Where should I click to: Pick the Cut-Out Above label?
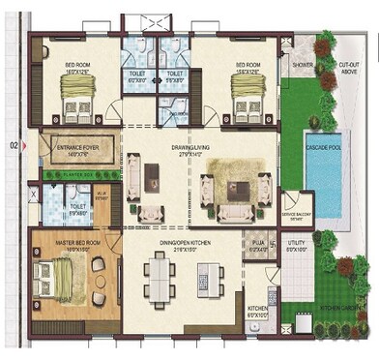click(x=349, y=68)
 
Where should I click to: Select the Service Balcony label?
click(x=295, y=215)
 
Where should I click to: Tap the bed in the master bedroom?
click(x=54, y=281)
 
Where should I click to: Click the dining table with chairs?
click(x=160, y=281)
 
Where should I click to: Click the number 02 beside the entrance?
click(x=14, y=146)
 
